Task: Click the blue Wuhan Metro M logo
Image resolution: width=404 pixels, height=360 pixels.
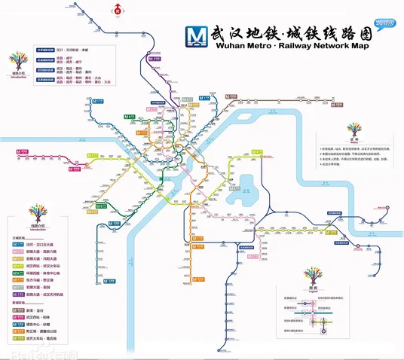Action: [x=197, y=35]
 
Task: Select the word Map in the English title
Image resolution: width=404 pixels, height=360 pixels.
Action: [x=373, y=45]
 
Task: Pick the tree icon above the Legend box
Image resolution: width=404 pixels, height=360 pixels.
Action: [x=313, y=273]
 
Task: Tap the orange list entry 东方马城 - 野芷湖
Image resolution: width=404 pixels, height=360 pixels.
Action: [x=46, y=278]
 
